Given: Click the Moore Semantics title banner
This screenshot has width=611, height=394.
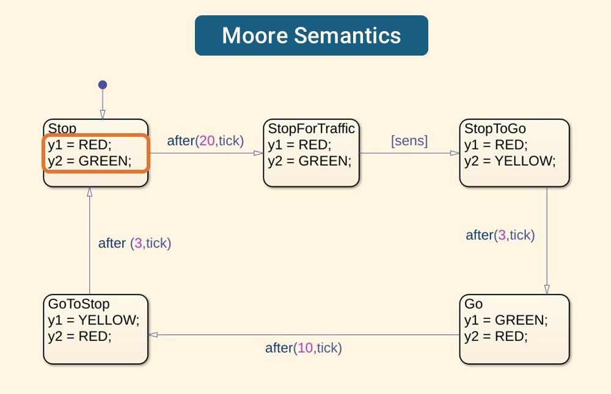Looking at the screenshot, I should (x=311, y=35).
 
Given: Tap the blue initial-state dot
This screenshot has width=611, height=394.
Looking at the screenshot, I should (x=103, y=85).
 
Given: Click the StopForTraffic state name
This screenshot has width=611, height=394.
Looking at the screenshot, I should (x=312, y=129).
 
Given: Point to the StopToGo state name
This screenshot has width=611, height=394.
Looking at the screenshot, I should (x=495, y=129).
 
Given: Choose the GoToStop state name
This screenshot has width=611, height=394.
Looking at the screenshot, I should (x=79, y=304).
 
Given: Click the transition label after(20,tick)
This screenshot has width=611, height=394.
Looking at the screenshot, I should (x=205, y=141).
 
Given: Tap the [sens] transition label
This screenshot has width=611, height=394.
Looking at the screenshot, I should (x=409, y=141).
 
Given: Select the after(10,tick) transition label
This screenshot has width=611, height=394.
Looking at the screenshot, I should (x=303, y=348).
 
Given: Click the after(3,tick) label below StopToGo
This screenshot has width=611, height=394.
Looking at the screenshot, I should (x=500, y=235).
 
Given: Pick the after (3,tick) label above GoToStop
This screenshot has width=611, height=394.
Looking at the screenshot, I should (x=134, y=243).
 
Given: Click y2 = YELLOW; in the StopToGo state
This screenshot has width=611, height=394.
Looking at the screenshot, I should (x=510, y=161).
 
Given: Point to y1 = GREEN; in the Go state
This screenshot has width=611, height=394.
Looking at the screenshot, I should (x=506, y=320).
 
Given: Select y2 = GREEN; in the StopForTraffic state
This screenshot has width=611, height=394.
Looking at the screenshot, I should (x=310, y=161).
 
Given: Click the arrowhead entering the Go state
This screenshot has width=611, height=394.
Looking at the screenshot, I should (x=547, y=289).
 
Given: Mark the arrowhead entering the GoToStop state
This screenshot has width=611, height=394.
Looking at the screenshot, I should (x=153, y=335).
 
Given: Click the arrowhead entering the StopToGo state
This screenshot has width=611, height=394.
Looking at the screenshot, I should (x=455, y=153).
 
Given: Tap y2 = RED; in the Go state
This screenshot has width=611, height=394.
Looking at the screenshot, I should (x=496, y=337).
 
